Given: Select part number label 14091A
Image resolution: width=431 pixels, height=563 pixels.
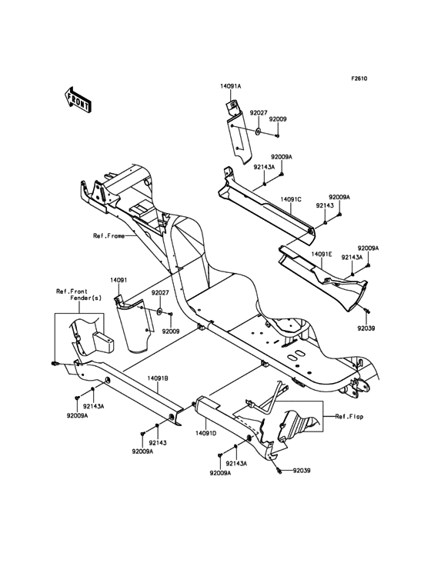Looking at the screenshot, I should [230, 86].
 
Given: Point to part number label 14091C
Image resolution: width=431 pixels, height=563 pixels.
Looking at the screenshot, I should [289, 199].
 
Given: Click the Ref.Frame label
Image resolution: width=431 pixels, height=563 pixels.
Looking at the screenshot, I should [110, 236].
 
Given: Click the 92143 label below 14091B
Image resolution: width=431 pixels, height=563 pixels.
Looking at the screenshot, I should [158, 443].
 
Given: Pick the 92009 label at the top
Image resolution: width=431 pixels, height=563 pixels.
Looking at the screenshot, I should [277, 119].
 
